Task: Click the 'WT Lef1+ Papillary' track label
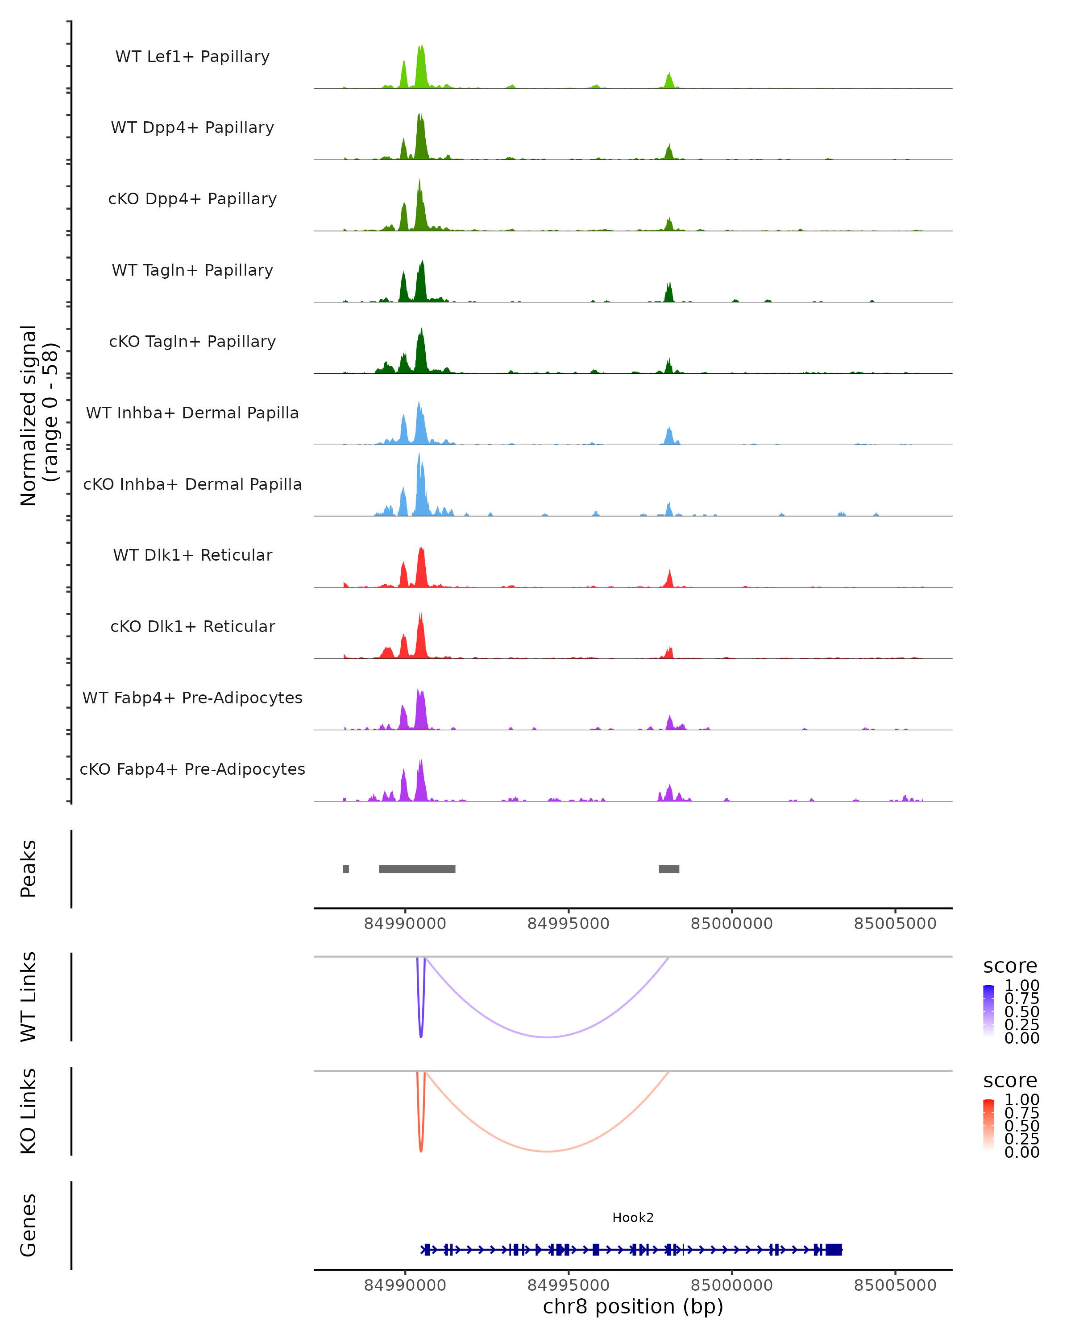click(x=192, y=57)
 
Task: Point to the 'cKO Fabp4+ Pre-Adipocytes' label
click(x=192, y=769)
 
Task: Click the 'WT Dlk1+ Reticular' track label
click(x=192, y=555)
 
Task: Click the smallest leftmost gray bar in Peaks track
click(x=346, y=869)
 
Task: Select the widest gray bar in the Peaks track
click(x=417, y=869)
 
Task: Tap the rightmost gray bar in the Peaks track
click(x=668, y=869)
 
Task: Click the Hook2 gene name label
click(x=633, y=1218)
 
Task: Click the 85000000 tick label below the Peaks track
click(x=731, y=924)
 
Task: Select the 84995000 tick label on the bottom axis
click(x=568, y=1285)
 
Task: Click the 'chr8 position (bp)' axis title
click(x=633, y=1307)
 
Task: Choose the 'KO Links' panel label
click(x=29, y=1111)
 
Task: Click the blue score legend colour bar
click(x=988, y=1010)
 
